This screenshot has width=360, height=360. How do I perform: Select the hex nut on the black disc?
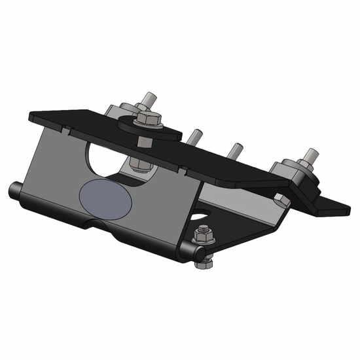pos(146,119)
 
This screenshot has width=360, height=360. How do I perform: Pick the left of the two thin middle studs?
pos(194,138)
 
